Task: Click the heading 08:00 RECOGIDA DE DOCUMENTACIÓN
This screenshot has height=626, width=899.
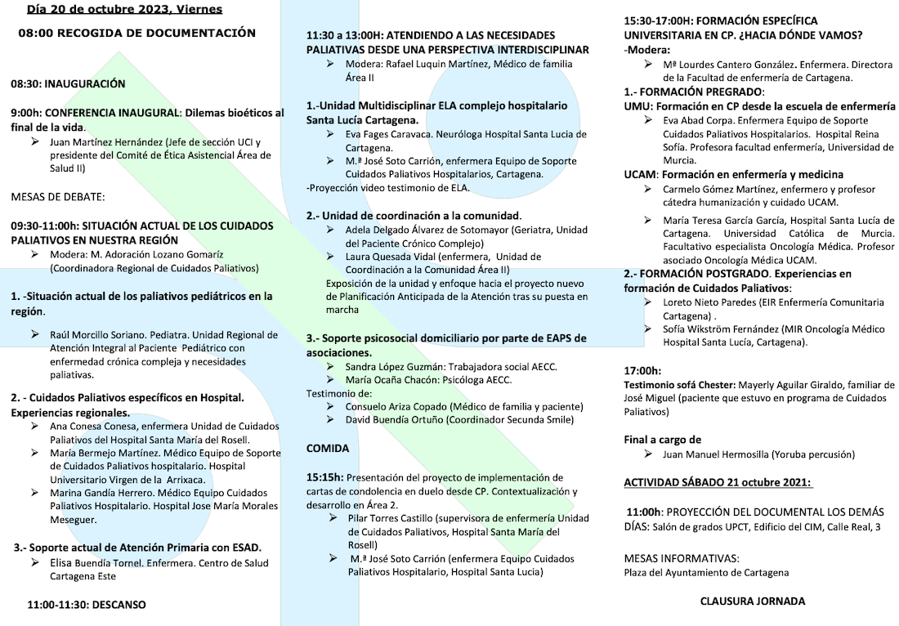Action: point(137,33)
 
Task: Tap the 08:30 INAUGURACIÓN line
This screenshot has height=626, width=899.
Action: point(68,83)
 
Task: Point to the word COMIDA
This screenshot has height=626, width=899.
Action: point(328,449)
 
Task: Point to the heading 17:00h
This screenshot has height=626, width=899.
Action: point(642,370)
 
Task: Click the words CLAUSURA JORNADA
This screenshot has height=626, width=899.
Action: point(753,601)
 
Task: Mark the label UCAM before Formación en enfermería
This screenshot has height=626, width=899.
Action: point(640,174)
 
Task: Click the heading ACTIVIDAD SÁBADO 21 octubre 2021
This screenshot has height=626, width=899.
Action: point(718,482)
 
